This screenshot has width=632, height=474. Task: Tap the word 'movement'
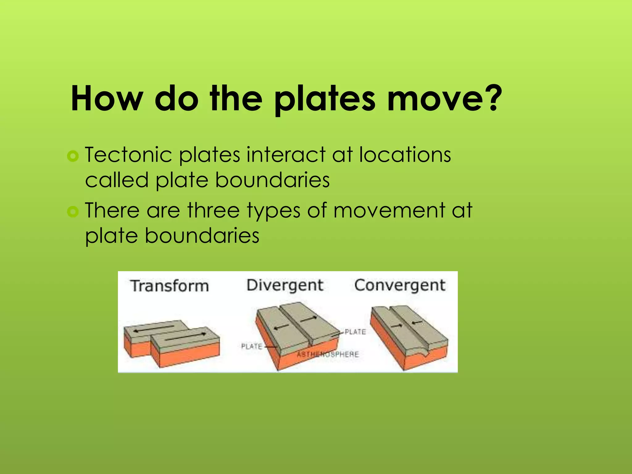click(389, 211)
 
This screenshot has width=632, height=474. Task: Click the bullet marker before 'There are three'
click(73, 212)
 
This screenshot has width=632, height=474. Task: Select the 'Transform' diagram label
click(169, 285)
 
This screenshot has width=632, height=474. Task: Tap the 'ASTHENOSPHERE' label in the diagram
click(328, 354)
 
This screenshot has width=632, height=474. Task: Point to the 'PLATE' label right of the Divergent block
click(355, 332)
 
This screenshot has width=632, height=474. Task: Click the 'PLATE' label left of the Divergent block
click(252, 346)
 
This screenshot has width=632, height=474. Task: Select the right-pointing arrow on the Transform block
click(185, 337)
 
